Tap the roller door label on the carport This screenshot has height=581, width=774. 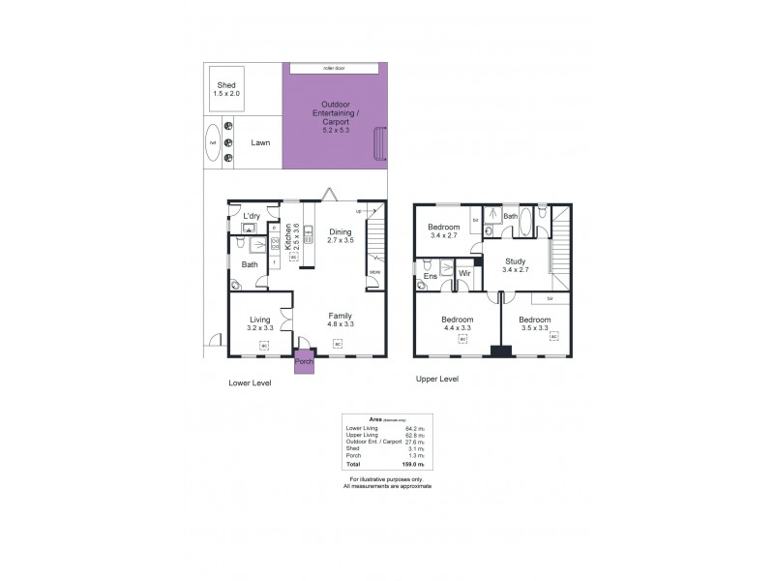point(335,69)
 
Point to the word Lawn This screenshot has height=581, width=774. point(260,142)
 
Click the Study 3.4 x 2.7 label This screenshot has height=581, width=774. point(516,264)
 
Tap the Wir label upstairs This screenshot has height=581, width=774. point(465,274)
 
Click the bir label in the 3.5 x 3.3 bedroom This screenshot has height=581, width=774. point(550,298)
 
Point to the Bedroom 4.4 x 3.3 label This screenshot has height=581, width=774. point(457,324)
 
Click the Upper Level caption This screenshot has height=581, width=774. point(436,379)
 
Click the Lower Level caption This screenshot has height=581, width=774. point(250,382)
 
